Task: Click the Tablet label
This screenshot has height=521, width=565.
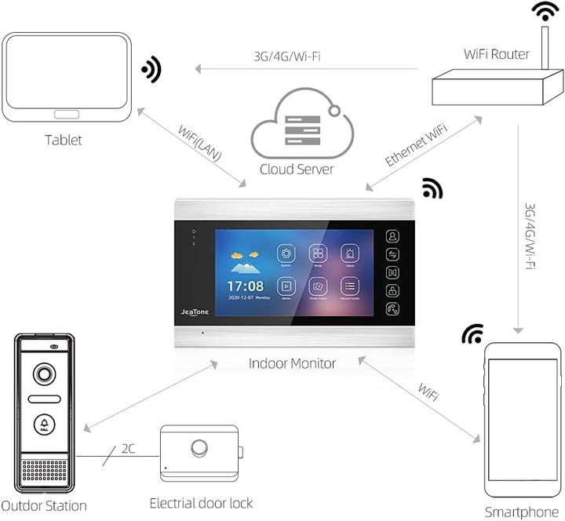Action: point(63,140)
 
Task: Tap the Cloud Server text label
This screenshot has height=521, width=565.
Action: point(297,169)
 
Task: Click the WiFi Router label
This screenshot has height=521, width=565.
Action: point(497,54)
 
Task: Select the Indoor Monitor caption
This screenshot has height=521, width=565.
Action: point(292,363)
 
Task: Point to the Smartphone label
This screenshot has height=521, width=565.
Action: point(521,512)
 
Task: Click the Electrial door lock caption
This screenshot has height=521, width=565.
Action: point(202,502)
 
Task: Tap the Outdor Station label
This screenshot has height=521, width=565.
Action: point(43,505)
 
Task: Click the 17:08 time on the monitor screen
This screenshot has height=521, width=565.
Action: point(245,286)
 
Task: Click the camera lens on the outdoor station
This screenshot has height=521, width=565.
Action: point(44,375)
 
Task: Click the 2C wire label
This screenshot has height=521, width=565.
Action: point(129,449)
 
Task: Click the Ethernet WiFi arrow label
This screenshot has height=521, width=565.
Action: point(417,142)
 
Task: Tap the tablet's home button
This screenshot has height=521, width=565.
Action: point(66,113)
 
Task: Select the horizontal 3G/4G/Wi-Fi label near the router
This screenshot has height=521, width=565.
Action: point(287,56)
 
